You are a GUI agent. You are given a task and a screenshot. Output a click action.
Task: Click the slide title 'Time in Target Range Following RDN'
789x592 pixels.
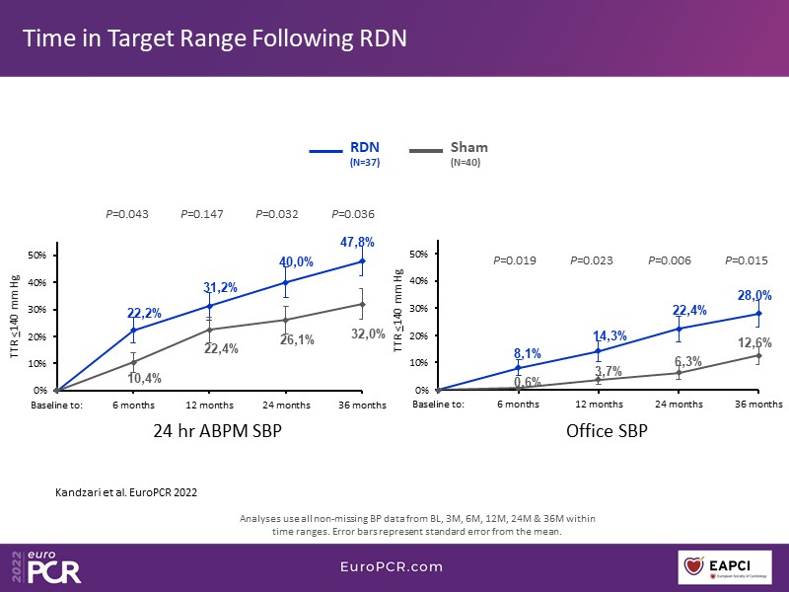point(215,38)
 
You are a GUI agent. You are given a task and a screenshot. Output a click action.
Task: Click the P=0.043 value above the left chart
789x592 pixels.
point(126,214)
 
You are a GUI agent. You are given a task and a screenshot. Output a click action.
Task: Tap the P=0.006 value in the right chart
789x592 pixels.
point(670,261)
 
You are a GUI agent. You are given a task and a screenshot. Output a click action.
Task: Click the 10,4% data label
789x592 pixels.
point(144,378)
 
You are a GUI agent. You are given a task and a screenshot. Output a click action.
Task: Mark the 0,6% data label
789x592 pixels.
point(527,382)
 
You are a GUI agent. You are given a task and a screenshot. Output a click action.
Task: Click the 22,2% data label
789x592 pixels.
point(144,313)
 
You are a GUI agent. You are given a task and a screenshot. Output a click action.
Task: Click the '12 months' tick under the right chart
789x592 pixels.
point(598,406)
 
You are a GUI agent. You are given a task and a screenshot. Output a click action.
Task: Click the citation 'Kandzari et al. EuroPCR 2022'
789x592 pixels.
point(118,490)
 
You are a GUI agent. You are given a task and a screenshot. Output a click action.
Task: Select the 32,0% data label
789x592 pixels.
point(368,334)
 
